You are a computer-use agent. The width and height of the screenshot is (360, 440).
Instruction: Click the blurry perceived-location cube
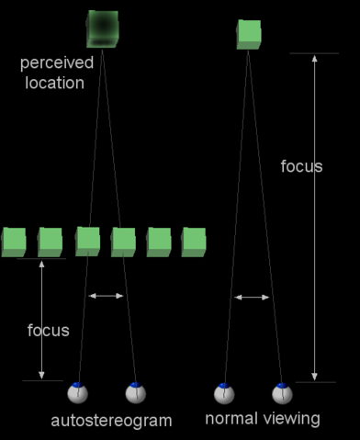[x=103, y=28]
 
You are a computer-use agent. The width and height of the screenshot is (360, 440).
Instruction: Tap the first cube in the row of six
[x=14, y=242]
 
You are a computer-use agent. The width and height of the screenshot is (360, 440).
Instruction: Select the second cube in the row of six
[x=51, y=242]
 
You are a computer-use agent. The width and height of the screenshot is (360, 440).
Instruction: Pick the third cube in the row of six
[x=87, y=242]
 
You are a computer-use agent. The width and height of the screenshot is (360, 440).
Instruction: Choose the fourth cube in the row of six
[x=123, y=242]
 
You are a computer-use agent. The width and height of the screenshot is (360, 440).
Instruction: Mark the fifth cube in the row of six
[x=159, y=242]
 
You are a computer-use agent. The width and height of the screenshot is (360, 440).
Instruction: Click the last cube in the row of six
[x=194, y=242]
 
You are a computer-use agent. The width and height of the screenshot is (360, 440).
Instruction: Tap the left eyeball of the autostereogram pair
[x=78, y=393]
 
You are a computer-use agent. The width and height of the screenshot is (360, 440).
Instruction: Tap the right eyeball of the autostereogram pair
[x=136, y=393]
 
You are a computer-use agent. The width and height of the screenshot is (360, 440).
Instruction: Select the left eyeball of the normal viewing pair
[x=224, y=393]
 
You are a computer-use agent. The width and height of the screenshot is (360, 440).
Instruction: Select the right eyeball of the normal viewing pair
[x=282, y=393]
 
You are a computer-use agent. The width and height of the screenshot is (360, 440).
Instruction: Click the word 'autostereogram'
[x=111, y=421]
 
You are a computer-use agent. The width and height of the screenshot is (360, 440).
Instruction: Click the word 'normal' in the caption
[x=229, y=419]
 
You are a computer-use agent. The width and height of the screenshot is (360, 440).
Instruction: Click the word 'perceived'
[x=56, y=65]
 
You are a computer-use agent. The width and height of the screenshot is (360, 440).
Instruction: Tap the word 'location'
[x=56, y=83]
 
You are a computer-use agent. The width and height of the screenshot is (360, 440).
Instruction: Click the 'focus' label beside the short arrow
[x=48, y=330]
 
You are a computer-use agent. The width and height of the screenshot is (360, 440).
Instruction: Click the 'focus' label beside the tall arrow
[x=301, y=166]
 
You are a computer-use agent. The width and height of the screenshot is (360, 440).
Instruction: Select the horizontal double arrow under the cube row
[x=106, y=296]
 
